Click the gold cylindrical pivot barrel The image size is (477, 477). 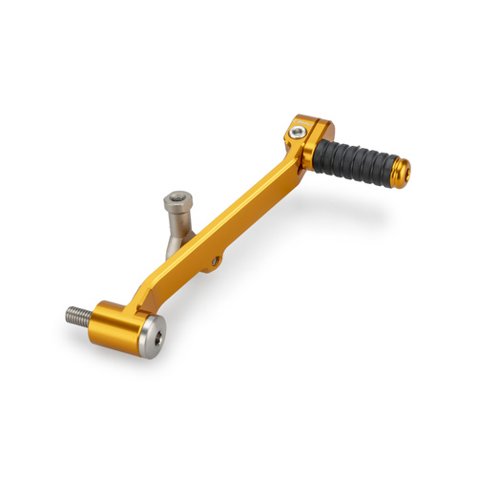[114, 323]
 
